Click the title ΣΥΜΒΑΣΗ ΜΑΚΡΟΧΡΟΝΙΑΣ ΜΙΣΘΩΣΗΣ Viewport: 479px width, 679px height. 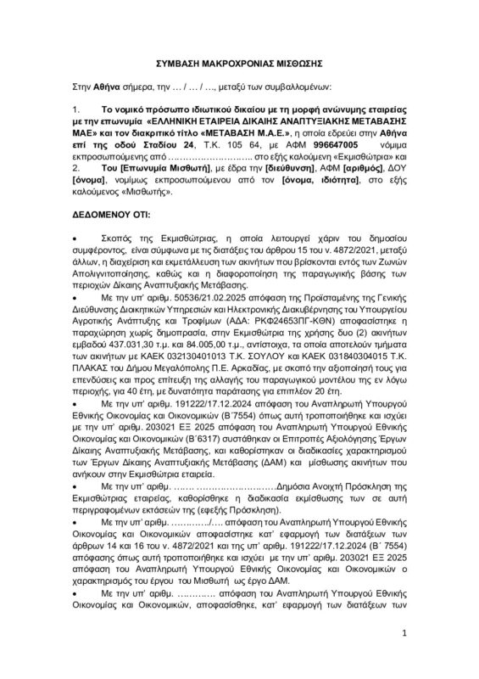[240, 65]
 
